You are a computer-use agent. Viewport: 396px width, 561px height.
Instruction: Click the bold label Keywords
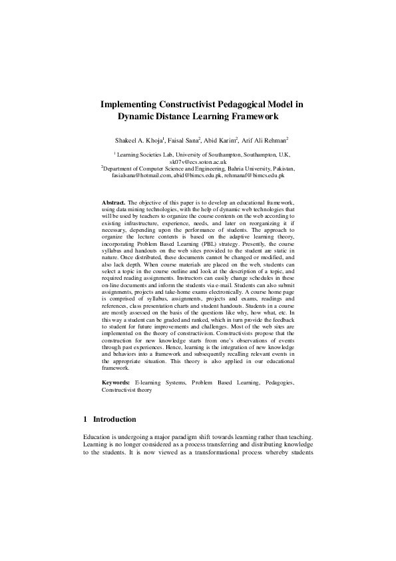pos(116,383)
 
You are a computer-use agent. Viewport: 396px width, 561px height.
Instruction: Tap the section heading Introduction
pos(114,420)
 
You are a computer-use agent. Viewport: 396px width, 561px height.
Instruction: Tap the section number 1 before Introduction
pos(86,420)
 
